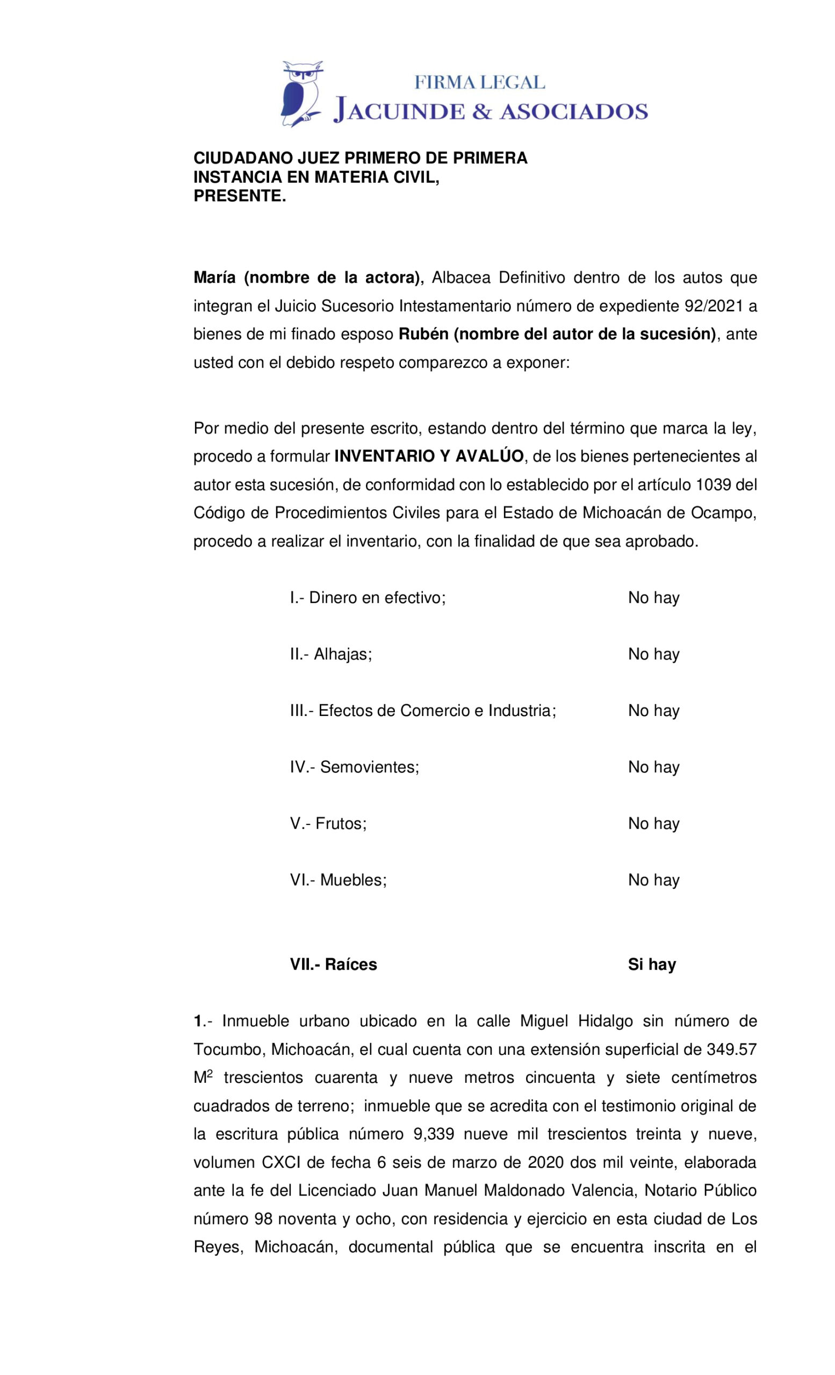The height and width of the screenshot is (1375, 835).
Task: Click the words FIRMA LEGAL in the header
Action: tap(479, 83)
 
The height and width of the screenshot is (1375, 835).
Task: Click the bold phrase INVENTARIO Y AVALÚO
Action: tap(429, 457)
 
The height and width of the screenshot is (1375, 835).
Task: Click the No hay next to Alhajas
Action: tap(653, 654)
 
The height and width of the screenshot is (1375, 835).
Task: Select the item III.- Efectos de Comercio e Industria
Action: tap(422, 711)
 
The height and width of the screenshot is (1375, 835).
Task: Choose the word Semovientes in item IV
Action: tap(369, 767)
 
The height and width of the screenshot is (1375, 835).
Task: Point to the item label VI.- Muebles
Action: tap(338, 880)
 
